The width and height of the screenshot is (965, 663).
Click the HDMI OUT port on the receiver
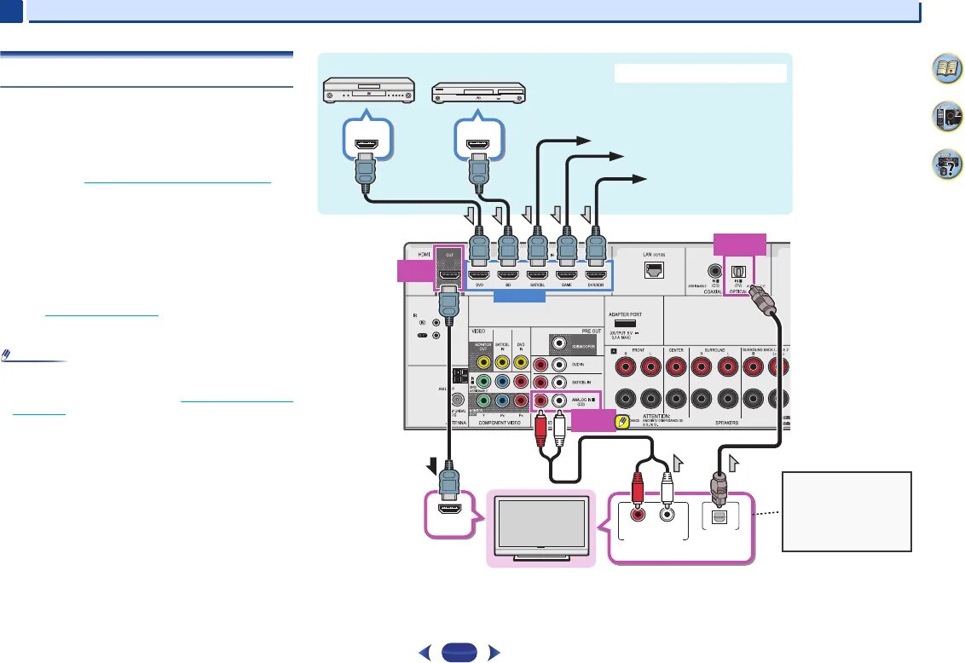pyautogui.click(x=448, y=274)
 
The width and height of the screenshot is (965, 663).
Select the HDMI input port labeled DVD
pyautogui.click(x=480, y=274)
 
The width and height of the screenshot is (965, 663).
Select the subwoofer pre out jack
pyautogui.click(x=559, y=342)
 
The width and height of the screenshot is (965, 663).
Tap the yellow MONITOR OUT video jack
pyautogui.click(x=483, y=363)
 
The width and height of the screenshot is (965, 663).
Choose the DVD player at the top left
pyautogui.click(x=367, y=89)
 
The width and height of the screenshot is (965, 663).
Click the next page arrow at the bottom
pyautogui.click(x=492, y=654)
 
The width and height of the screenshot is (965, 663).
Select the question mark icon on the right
pyautogui.click(x=943, y=164)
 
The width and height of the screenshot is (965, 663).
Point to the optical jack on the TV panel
pyautogui.click(x=719, y=515)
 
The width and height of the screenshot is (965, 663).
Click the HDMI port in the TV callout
pyautogui.click(x=448, y=513)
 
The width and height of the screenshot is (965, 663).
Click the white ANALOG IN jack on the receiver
pyautogui.click(x=559, y=399)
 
